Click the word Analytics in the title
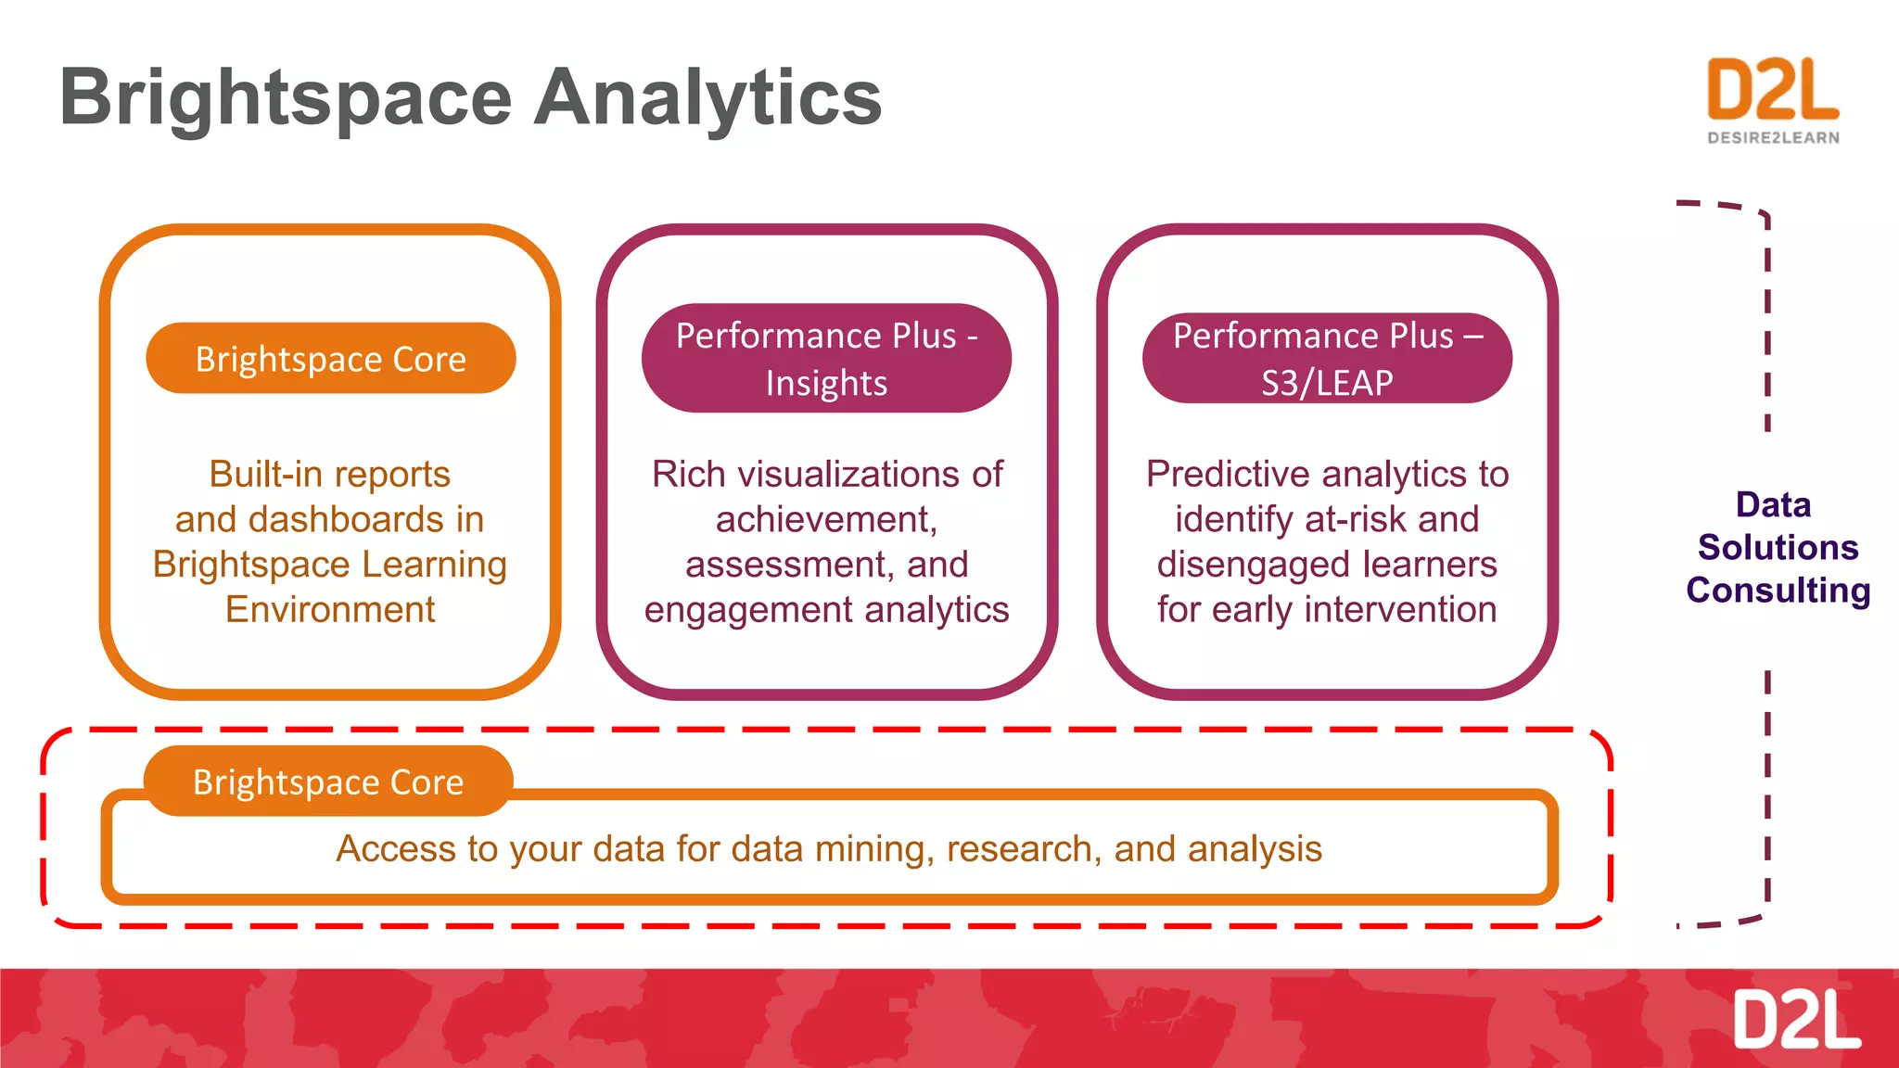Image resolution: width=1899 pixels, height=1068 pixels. click(x=707, y=98)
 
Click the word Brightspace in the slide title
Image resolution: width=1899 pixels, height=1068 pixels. click(x=286, y=98)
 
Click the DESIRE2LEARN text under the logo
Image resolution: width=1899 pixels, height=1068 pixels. click(x=1773, y=138)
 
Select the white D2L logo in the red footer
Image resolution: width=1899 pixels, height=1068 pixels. click(x=1796, y=1020)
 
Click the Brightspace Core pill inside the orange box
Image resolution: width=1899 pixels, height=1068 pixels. click(x=330, y=359)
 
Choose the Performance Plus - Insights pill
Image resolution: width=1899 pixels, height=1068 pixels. click(x=826, y=359)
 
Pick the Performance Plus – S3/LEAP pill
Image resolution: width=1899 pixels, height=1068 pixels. click(x=1327, y=359)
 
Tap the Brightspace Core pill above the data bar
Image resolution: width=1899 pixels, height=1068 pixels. click(x=328, y=782)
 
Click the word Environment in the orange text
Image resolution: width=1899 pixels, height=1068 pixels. click(x=330, y=610)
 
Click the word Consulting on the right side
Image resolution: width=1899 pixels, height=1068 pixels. click(x=1778, y=591)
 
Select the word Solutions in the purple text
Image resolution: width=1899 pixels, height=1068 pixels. click(x=1778, y=548)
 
